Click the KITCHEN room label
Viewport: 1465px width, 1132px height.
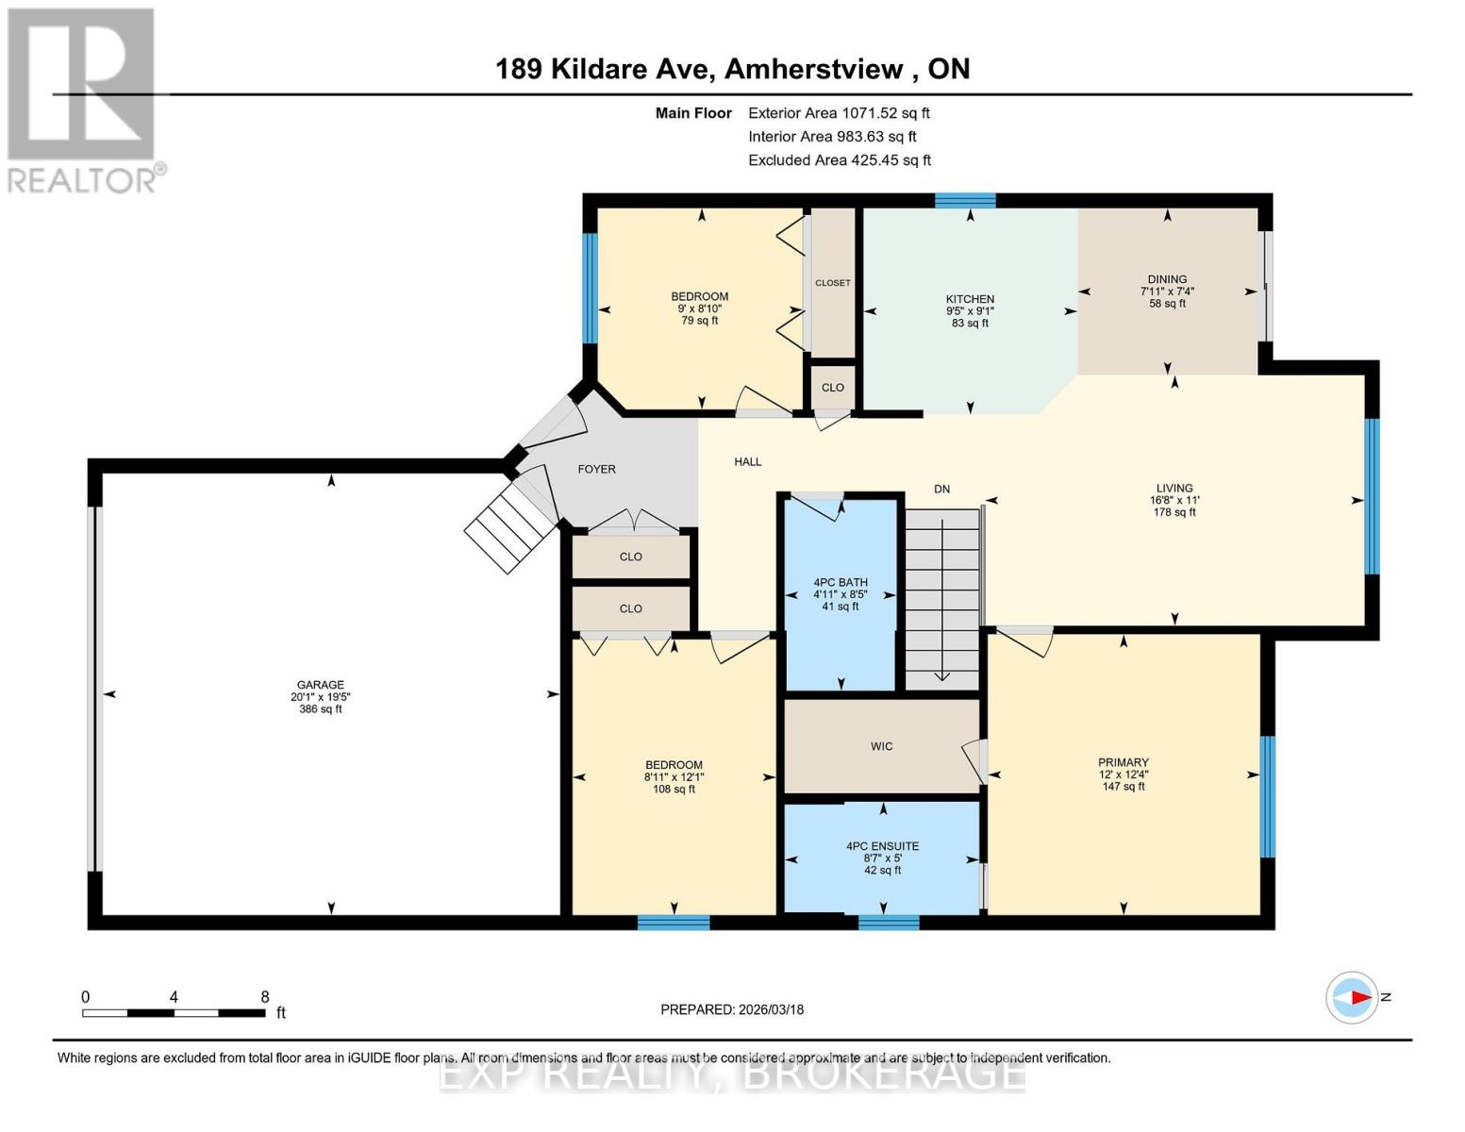[x=970, y=299]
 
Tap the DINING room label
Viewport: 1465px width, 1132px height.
[x=1167, y=279]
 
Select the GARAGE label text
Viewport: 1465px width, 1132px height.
[x=321, y=685]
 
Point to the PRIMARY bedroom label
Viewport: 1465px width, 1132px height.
[x=1123, y=762]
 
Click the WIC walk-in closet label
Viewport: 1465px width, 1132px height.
[x=881, y=746]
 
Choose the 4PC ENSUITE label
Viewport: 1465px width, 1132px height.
[x=882, y=846]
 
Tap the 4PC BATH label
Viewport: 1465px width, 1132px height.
[x=841, y=582]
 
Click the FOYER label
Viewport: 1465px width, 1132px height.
[x=596, y=469]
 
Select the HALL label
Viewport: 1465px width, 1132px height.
[x=747, y=461]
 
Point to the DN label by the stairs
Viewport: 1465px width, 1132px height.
[x=941, y=489]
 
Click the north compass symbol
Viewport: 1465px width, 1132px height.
[x=1353, y=997]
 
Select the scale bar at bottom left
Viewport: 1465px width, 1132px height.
[x=174, y=1013]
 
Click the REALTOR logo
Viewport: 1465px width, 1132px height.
[x=82, y=99]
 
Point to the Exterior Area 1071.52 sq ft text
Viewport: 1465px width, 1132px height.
[x=839, y=113]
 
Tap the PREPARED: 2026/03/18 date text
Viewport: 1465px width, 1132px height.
[x=732, y=1009]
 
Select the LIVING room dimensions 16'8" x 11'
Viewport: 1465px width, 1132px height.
[x=1174, y=501]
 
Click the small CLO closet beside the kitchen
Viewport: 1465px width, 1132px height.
[x=832, y=387]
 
